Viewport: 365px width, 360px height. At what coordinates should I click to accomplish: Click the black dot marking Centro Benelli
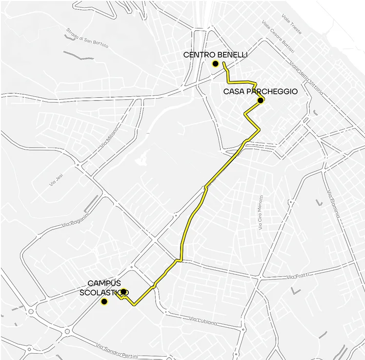(x=215, y=64)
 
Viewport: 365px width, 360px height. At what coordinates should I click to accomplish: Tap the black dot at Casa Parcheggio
(x=261, y=101)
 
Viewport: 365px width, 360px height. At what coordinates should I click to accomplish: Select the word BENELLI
(x=233, y=55)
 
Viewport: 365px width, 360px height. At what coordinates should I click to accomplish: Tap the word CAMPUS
(x=104, y=283)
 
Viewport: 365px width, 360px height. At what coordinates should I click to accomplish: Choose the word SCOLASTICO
(x=104, y=293)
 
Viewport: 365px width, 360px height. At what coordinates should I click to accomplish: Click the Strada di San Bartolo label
(x=87, y=39)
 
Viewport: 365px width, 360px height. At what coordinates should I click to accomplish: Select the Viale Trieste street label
(x=292, y=24)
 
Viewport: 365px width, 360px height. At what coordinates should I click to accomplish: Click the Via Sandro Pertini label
(x=117, y=351)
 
